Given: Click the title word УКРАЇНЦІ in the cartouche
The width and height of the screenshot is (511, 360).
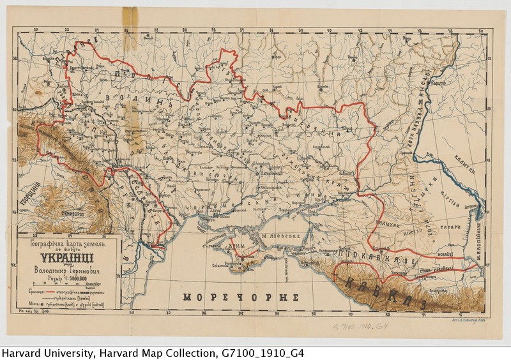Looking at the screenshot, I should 66,259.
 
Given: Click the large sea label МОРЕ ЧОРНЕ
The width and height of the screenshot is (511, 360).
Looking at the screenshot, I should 241,297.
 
